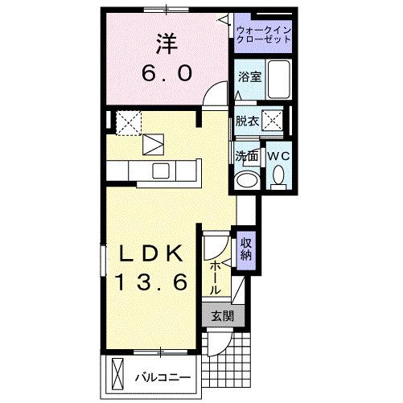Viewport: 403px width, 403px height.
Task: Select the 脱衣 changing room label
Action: point(246,122)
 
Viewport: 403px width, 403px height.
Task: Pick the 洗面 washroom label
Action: point(246,155)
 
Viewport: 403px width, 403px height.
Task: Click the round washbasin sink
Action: point(247,179)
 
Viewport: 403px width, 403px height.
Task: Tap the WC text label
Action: point(278,154)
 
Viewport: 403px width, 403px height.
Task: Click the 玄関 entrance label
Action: point(223,316)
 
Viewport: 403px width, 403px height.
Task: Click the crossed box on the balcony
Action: point(117,376)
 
